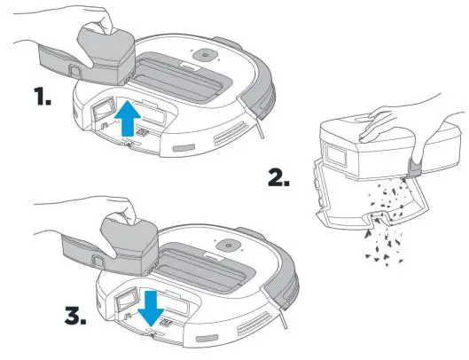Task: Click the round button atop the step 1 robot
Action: (205, 55)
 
